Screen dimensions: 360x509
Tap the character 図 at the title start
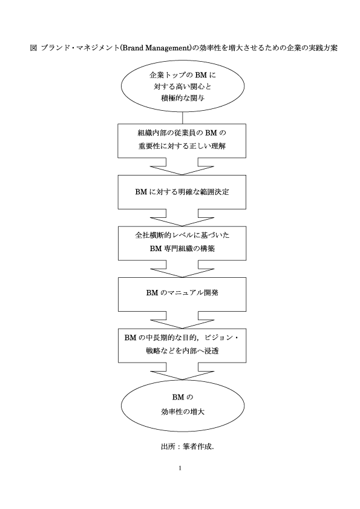pos(33,48)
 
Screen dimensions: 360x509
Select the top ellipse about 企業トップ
pos(183,61)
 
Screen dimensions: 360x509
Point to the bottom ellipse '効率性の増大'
pos(183,380)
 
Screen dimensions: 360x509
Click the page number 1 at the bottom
pos(180,468)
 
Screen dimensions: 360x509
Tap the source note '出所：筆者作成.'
pos(188,447)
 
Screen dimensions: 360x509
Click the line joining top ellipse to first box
pos(183,118)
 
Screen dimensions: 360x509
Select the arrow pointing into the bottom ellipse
pos(182,372)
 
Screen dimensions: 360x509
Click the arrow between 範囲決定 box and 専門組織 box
pos(182,218)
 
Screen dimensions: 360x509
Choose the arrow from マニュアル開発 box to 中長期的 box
pos(182,320)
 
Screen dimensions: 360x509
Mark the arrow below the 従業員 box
pos(182,166)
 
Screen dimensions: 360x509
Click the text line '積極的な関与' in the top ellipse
pos(183,97)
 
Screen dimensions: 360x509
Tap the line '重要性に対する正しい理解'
pos(182,146)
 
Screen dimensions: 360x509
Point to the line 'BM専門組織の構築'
pos(182,249)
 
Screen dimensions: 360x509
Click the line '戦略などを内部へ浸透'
pos(182,351)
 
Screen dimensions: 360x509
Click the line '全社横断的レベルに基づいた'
pos(182,235)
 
